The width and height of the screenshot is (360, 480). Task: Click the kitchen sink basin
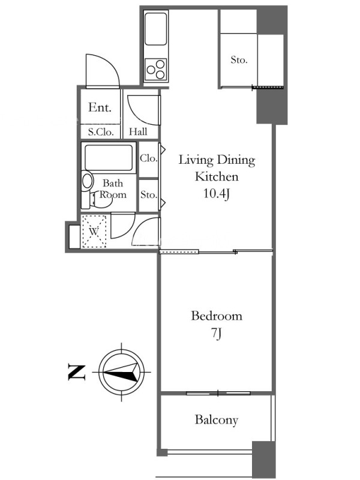pos(156,29)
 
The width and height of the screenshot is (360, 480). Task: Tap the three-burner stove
pos(156,70)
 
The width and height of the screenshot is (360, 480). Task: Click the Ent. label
pos(100,107)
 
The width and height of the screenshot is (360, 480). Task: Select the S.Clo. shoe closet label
pos(101,132)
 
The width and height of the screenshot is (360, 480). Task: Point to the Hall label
pos(138,131)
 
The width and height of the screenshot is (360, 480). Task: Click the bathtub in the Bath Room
pos(109,158)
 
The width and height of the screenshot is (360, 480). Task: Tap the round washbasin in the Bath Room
pos(88,181)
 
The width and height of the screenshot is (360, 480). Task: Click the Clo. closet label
pos(148,158)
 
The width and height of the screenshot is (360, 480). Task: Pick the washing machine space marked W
pos(94,231)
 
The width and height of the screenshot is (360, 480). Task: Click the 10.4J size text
pos(217,193)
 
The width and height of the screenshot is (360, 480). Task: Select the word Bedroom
pos(217,316)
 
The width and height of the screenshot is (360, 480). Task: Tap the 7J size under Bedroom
pos(216,333)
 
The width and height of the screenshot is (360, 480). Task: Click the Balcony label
pos(217,420)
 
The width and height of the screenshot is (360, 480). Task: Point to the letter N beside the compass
pos(76,372)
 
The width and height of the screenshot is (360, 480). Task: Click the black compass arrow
pos(121,372)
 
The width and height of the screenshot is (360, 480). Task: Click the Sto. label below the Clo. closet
pos(149,194)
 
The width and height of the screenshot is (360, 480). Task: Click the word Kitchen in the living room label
pos(217,176)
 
